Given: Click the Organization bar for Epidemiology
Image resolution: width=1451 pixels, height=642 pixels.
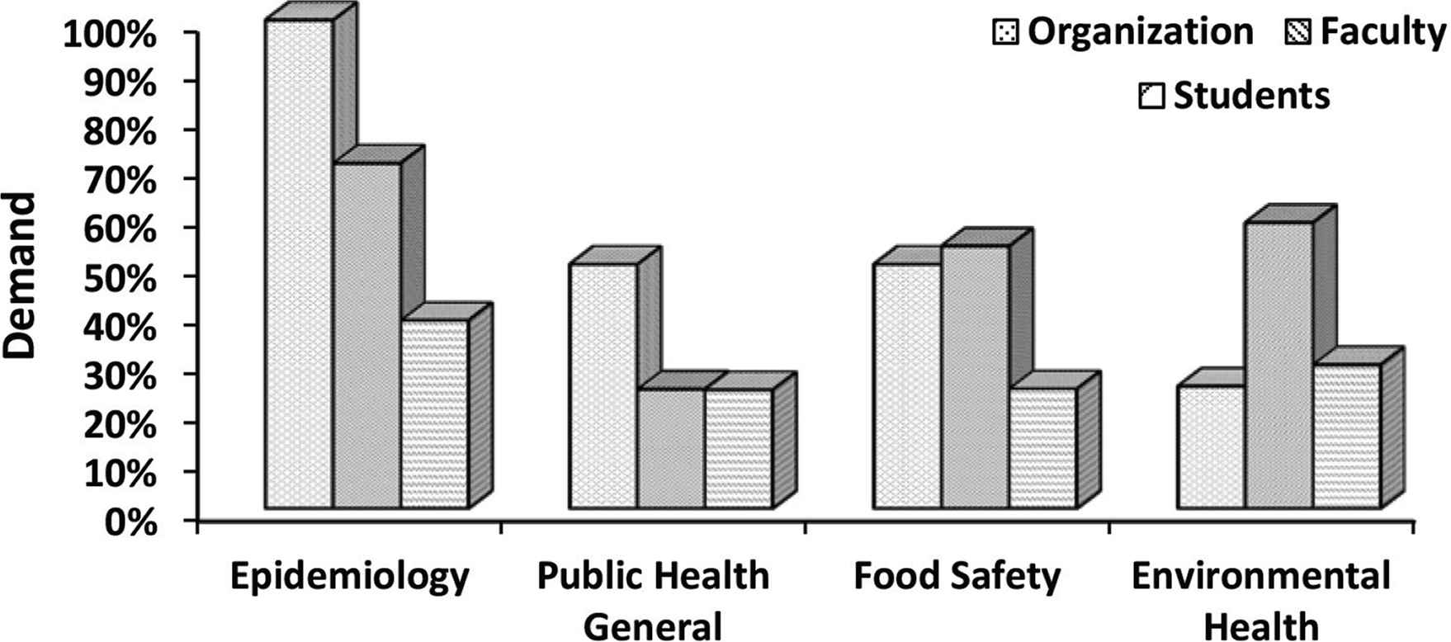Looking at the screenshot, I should pyautogui.click(x=299, y=264).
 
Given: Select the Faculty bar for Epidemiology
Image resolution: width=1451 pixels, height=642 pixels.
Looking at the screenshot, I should pyautogui.click(x=367, y=335).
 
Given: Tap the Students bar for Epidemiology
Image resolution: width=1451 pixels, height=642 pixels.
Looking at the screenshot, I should pyautogui.click(x=435, y=413).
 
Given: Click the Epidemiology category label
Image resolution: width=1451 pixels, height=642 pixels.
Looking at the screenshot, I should pyautogui.click(x=350, y=577).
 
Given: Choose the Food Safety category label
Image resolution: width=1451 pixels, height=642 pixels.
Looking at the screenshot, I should pyautogui.click(x=957, y=577).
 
